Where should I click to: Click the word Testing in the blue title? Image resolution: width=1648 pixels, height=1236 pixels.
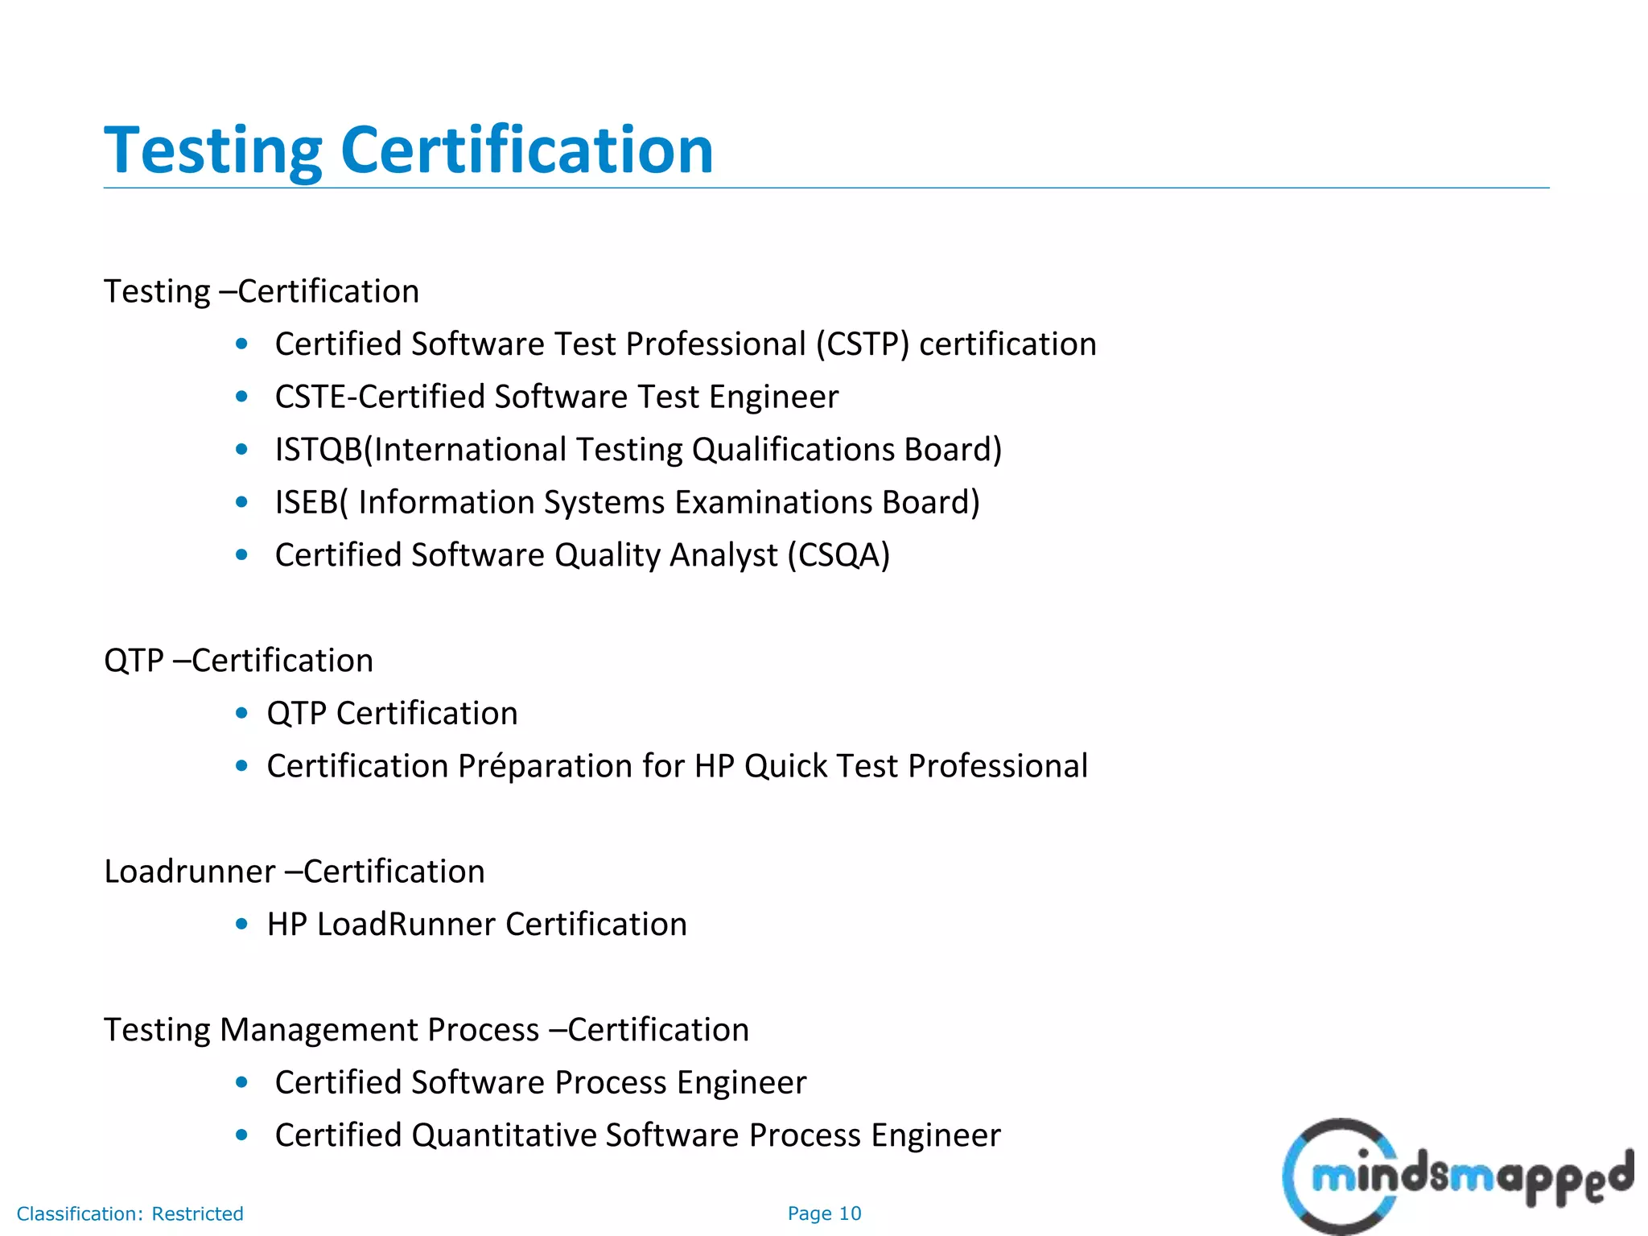pyautogui.click(x=213, y=151)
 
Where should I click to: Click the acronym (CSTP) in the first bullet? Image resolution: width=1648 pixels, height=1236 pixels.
pyautogui.click(x=862, y=344)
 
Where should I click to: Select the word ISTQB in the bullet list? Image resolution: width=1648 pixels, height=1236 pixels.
pyautogui.click(x=319, y=450)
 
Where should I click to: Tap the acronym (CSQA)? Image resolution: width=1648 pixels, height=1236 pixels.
pyautogui.click(x=838, y=555)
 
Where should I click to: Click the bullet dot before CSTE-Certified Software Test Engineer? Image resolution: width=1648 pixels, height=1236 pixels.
pyautogui.click(x=241, y=397)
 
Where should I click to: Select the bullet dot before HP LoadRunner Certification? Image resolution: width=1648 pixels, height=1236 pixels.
pyautogui.click(x=241, y=925)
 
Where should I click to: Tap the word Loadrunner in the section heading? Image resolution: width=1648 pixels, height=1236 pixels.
pyautogui.click(x=190, y=871)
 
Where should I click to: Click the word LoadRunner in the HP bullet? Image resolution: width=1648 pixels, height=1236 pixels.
pyautogui.click(x=406, y=925)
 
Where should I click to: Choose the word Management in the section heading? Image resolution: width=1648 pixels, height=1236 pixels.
pyautogui.click(x=379, y=1030)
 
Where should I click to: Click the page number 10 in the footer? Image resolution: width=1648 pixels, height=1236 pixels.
pyautogui.click(x=850, y=1213)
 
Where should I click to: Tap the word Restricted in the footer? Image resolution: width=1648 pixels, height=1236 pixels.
pyautogui.click(x=197, y=1213)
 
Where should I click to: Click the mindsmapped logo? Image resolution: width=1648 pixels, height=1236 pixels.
pyautogui.click(x=1456, y=1176)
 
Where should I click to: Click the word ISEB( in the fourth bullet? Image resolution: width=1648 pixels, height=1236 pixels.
pyautogui.click(x=311, y=503)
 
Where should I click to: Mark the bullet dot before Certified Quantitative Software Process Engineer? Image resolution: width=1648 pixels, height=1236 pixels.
pyautogui.click(x=241, y=1135)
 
